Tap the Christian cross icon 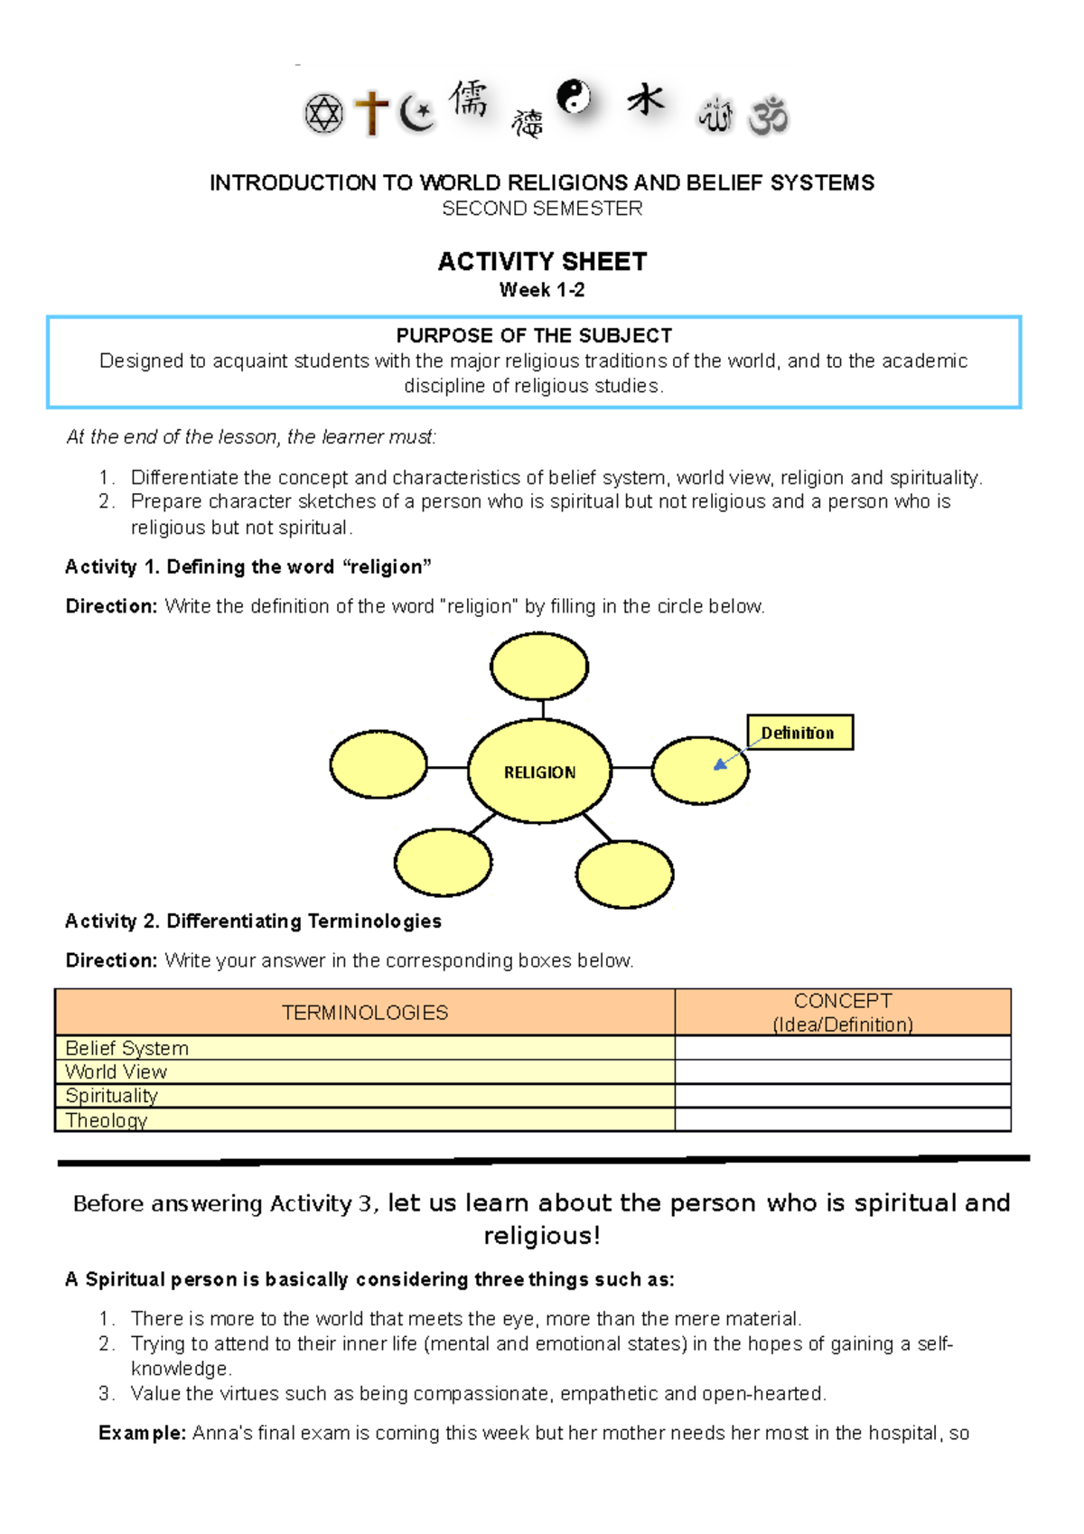coord(371,114)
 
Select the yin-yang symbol coord(574,96)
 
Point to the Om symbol coord(769,116)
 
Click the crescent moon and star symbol coord(417,113)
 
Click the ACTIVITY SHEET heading coord(542,262)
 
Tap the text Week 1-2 coord(542,290)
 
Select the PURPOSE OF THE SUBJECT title coord(534,336)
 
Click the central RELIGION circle coord(540,772)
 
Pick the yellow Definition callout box coord(799,733)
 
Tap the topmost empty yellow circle coord(539,667)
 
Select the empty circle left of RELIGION coord(378,764)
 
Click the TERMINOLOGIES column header coord(365,1013)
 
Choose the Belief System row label coord(127,1048)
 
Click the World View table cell coord(117,1072)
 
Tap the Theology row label coord(107,1120)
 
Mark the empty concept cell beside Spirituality coord(842,1096)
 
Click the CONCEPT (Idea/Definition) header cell coord(842,1013)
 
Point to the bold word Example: coord(142,1433)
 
